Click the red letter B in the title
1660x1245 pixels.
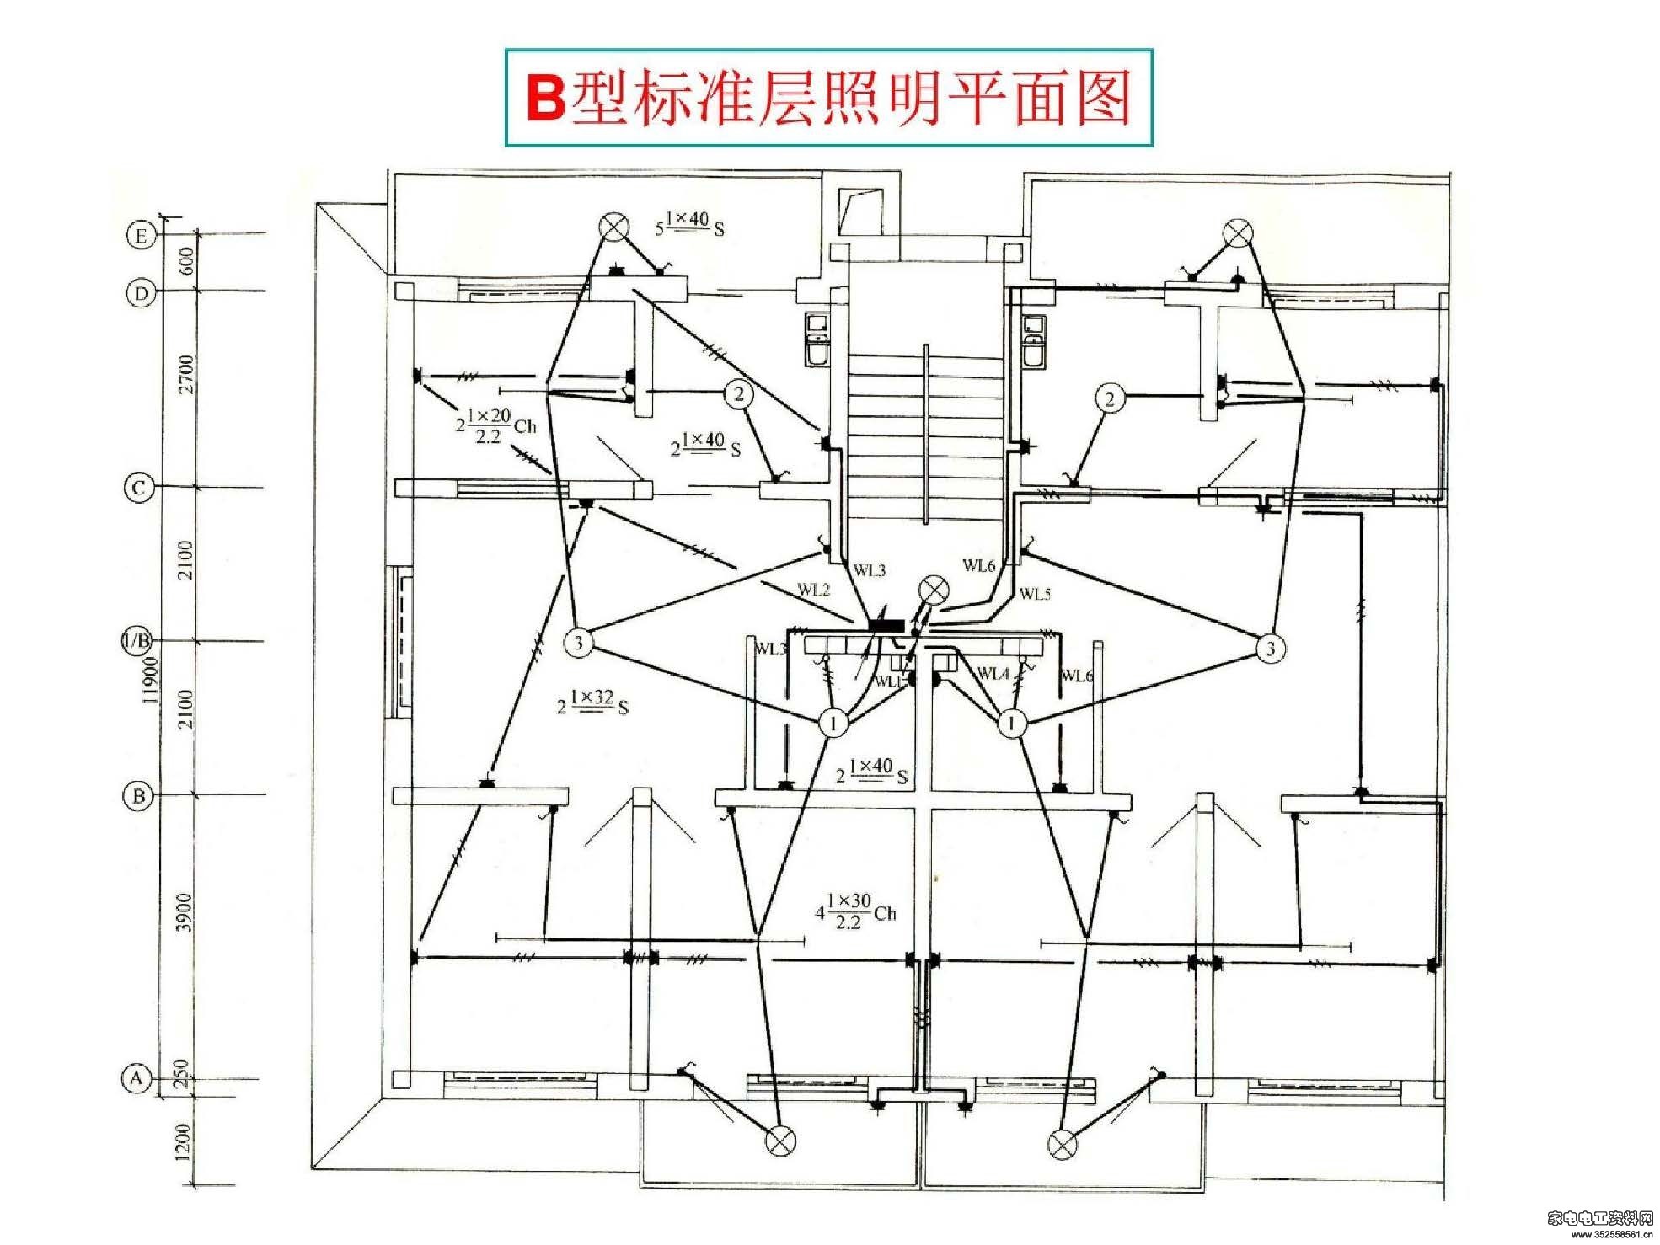pyautogui.click(x=545, y=99)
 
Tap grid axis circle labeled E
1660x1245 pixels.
pyautogui.click(x=141, y=235)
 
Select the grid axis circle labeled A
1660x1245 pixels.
pyautogui.click(x=137, y=1077)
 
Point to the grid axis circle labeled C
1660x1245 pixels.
pyautogui.click(x=139, y=487)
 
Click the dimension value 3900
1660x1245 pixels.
pyautogui.click(x=185, y=912)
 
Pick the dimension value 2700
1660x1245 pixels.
pyautogui.click(x=185, y=374)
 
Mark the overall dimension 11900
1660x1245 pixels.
pyautogui.click(x=150, y=679)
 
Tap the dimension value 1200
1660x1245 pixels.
pyautogui.click(x=183, y=1141)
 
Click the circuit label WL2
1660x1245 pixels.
pyautogui.click(x=814, y=590)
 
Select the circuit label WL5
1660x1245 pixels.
pyautogui.click(x=1035, y=594)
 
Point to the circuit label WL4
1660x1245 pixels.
pyautogui.click(x=993, y=673)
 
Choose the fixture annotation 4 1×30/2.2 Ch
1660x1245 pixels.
pyautogui.click(x=855, y=911)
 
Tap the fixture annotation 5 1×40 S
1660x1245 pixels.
pyautogui.click(x=690, y=223)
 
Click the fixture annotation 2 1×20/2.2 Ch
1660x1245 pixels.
pyautogui.click(x=496, y=425)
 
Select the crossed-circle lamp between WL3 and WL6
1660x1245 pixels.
pyautogui.click(x=933, y=590)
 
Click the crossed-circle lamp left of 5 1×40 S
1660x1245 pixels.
pyautogui.click(x=613, y=227)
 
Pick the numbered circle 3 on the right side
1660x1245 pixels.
pyautogui.click(x=1271, y=648)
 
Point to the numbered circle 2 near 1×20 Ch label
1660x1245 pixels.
pyautogui.click(x=739, y=393)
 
